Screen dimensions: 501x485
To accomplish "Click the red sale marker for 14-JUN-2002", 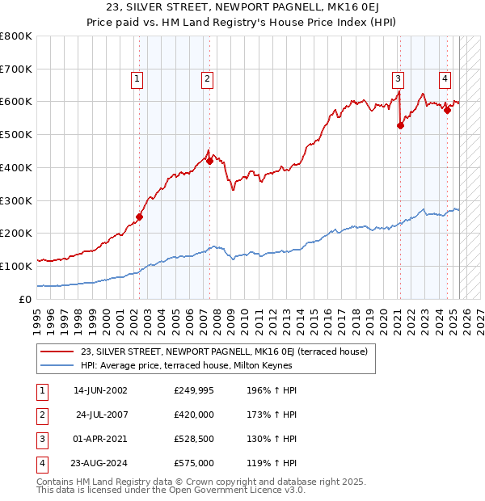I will pos(139,217).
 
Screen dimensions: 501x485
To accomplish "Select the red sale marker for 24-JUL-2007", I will pos(209,161).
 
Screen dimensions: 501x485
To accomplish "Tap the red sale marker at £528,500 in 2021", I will pos(400,125).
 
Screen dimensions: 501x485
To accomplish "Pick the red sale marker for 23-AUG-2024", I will pos(447,110).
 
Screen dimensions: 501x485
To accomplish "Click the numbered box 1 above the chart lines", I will pos(137,78).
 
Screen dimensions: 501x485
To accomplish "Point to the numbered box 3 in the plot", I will pos(399,78).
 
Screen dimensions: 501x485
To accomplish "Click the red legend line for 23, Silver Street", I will pos(57,352).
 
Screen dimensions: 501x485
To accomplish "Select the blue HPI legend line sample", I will pos(57,365).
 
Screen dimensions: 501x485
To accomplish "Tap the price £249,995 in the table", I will pos(194,390).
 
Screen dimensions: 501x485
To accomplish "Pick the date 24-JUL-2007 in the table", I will pos(101,415).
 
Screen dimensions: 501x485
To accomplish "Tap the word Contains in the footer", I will pos(57,482).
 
